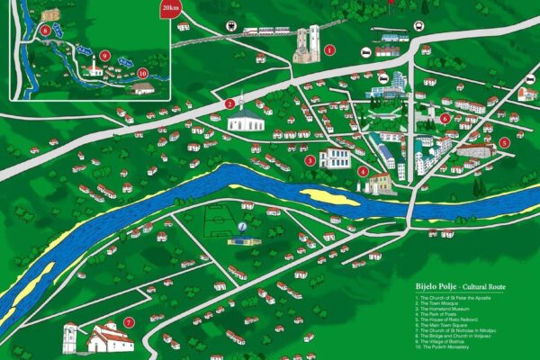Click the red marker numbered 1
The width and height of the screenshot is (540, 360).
(329, 49)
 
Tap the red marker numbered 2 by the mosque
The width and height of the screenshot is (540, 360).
(230, 103)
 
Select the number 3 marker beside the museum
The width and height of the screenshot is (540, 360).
(310, 160)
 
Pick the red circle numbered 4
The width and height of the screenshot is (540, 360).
(363, 171)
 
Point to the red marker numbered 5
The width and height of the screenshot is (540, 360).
(504, 142)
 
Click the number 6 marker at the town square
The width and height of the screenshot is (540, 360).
(445, 118)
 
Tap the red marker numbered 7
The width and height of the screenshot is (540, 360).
(130, 322)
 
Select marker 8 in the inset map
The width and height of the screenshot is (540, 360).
(45, 31)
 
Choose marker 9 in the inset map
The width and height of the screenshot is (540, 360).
(105, 56)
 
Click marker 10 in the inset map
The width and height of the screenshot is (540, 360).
(142, 73)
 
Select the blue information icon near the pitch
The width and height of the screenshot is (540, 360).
(242, 229)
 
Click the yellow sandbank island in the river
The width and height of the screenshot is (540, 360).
(328, 195)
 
